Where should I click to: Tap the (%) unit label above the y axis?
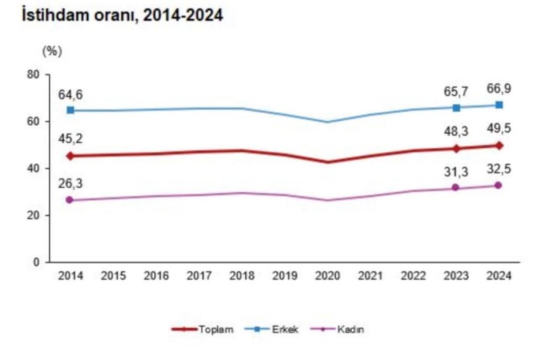[x=52, y=51]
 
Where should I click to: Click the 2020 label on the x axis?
[x=328, y=275]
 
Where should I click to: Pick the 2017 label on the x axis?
[x=199, y=275]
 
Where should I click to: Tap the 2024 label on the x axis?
[x=499, y=275]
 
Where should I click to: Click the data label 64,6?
[x=70, y=95]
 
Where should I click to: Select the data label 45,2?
[x=70, y=139]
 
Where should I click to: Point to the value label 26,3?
[x=70, y=184]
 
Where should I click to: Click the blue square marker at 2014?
[x=71, y=110]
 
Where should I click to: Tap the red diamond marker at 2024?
[x=499, y=145]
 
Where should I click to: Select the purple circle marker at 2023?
[x=456, y=188]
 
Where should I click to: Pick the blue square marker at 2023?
[x=456, y=107]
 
